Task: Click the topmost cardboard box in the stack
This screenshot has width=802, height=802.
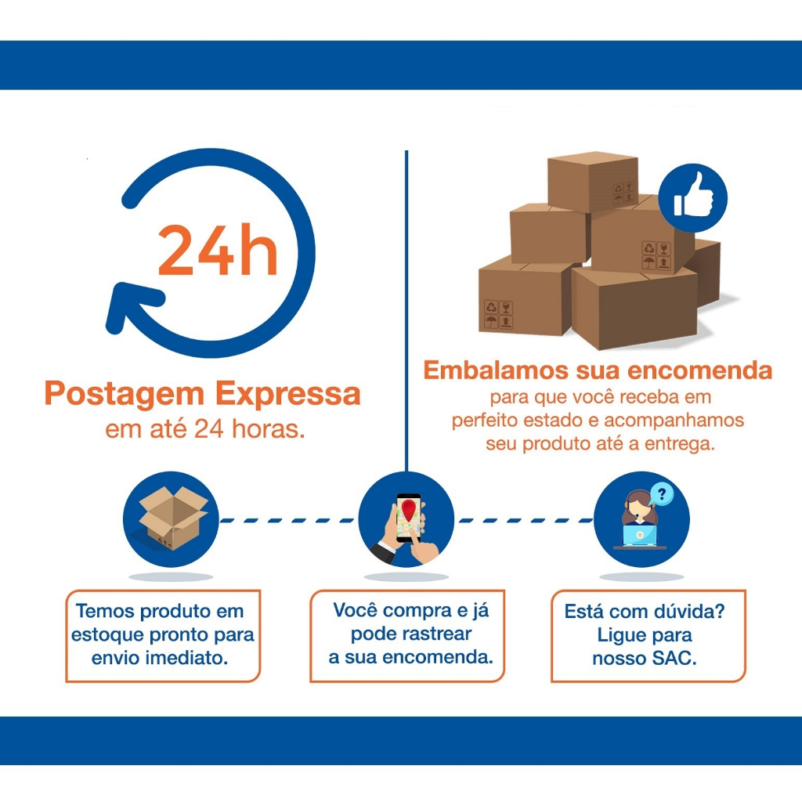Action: pyautogui.click(x=591, y=182)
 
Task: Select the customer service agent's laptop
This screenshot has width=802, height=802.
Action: pyautogui.click(x=639, y=535)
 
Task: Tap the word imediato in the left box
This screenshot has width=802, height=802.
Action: pyautogui.click(x=186, y=658)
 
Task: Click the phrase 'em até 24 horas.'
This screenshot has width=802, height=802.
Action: pyautogui.click(x=204, y=429)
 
